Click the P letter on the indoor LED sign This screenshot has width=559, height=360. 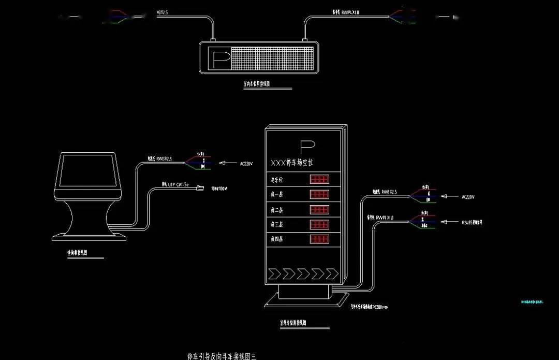pyautogui.click(x=218, y=58)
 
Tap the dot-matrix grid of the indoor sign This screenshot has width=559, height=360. pyautogui.click(x=273, y=58)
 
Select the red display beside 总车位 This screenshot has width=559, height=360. pyautogui.click(x=319, y=180)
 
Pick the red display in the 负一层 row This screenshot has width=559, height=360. pyautogui.click(x=319, y=195)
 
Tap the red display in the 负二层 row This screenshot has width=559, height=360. pyautogui.click(x=319, y=210)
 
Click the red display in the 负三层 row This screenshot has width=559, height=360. pyautogui.click(x=319, y=225)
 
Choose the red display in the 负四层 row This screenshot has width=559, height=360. pyautogui.click(x=319, y=240)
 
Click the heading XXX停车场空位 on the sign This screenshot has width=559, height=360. pyautogui.click(x=292, y=163)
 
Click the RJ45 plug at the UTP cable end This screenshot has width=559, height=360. pyautogui.click(x=200, y=189)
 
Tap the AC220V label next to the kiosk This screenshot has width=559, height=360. pyautogui.click(x=246, y=164)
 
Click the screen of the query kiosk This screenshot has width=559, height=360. pyautogui.click(x=86, y=171)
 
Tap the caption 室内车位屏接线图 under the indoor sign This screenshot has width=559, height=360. pyautogui.click(x=257, y=83)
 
